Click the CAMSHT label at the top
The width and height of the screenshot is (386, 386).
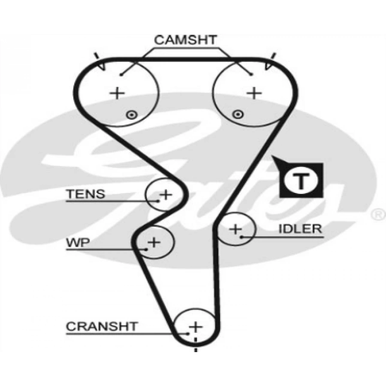(186, 41)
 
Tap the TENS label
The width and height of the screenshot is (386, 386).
(85, 194)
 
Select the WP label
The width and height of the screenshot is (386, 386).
(78, 243)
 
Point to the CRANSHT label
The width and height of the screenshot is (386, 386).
(102, 326)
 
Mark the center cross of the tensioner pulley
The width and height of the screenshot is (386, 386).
(165, 195)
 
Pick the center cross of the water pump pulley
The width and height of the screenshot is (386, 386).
(154, 243)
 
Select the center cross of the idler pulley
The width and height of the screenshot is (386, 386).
(235, 229)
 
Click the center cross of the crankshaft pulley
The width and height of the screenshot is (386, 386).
(196, 327)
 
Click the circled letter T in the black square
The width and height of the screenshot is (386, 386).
(302, 181)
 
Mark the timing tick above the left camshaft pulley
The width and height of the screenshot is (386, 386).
(98, 56)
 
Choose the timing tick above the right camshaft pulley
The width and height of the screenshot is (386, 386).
(272, 56)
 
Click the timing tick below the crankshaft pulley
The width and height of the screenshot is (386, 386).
(196, 350)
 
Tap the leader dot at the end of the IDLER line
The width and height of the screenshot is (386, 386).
(241, 236)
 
